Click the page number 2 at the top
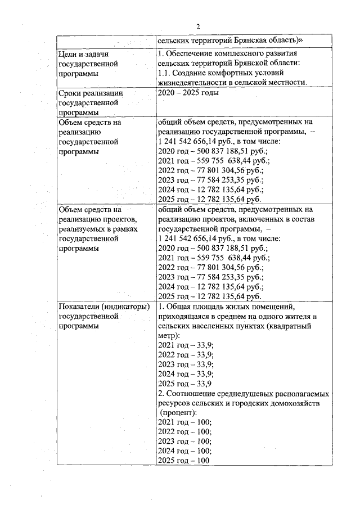tap(198, 26)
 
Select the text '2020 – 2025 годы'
tap(188, 93)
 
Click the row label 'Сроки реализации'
tap(91, 93)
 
